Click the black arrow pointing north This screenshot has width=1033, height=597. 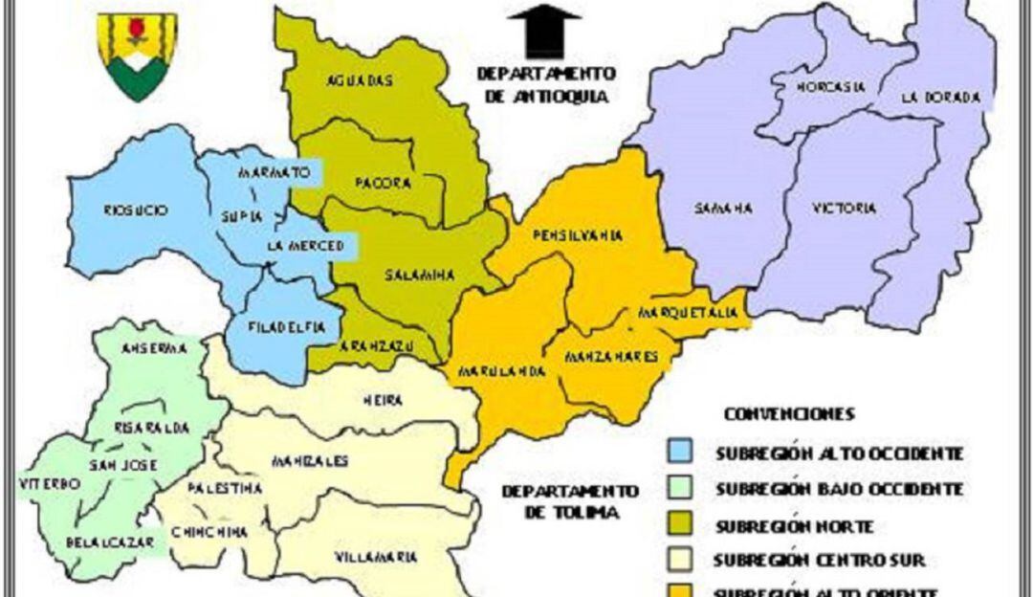click(544, 32)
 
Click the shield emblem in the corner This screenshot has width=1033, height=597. click(138, 55)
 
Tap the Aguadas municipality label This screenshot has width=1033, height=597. click(360, 81)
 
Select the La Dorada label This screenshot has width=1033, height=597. click(940, 98)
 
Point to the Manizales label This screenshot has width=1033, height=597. click(308, 461)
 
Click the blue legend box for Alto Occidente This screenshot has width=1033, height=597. click(681, 453)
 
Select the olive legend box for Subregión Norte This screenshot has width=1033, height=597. click(681, 525)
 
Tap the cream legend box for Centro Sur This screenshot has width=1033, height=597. click(681, 561)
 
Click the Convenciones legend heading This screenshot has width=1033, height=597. click(789, 414)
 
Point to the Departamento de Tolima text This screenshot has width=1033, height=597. click(569, 501)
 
